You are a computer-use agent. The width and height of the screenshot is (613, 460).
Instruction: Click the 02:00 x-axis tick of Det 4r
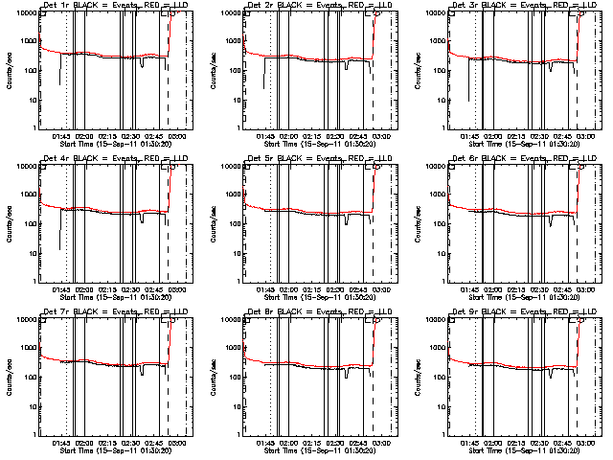[85, 288]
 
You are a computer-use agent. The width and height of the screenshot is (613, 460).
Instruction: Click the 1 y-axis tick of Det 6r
[440, 281]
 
